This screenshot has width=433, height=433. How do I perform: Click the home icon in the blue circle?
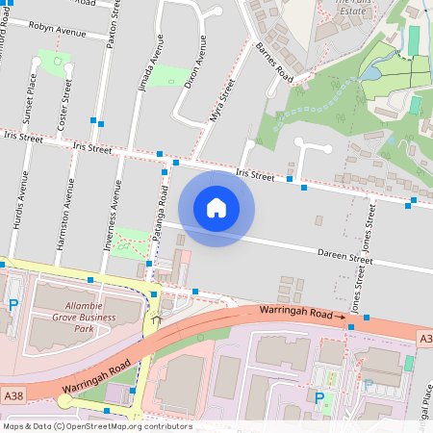point(216,207)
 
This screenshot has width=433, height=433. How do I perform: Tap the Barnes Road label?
point(274,63)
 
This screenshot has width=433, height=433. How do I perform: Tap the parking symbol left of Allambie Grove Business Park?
point(13,305)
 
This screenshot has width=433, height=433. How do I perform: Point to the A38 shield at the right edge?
point(424,339)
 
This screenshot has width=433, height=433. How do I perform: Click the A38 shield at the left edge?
point(13,395)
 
